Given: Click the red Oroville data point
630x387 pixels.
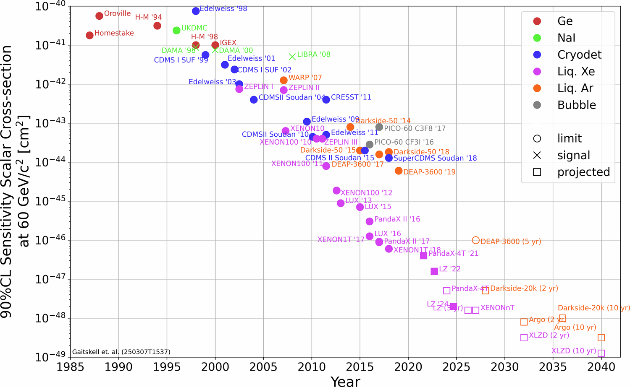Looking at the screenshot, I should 99,16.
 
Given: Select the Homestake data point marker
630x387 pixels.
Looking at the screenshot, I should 89,35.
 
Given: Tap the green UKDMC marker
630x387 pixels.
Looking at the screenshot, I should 176,30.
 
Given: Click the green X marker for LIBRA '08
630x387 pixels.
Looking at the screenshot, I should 292,57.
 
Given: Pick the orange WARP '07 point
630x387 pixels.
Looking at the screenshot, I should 283,80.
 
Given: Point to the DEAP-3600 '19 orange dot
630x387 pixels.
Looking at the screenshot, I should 399,171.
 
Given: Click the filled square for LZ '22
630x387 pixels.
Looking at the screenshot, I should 434,271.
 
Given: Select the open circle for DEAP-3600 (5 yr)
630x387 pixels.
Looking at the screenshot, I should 475,240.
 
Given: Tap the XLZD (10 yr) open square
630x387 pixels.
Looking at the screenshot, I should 601,353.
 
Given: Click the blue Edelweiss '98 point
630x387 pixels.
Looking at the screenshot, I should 196,11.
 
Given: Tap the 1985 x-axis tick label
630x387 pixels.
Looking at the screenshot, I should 70,367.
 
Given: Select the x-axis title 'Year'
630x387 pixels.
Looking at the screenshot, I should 345,381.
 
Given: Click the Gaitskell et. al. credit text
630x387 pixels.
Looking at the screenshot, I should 121,352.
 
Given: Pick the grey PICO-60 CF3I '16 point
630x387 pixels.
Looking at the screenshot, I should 370,145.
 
